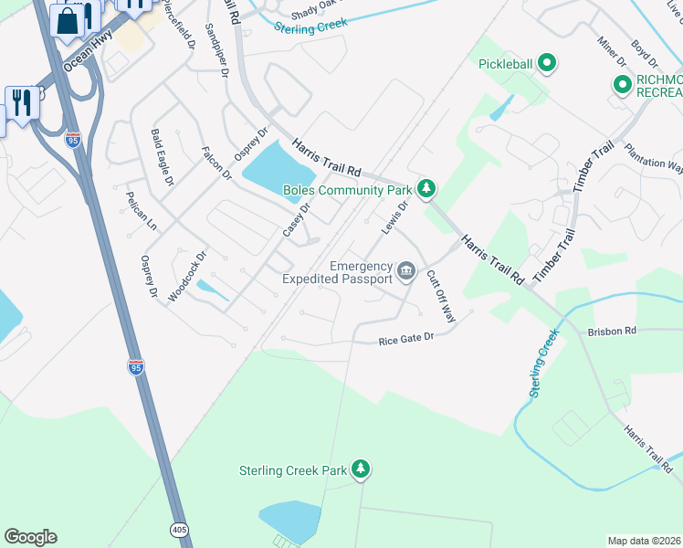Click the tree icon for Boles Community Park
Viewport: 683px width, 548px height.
(x=426, y=189)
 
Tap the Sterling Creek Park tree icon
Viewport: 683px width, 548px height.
(x=362, y=469)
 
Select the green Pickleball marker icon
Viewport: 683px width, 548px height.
(x=547, y=63)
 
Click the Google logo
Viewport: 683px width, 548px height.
(x=30, y=537)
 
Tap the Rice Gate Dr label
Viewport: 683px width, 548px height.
(x=405, y=340)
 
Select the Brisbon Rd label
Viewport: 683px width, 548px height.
(x=612, y=332)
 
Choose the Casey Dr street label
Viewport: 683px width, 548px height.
(x=297, y=220)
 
